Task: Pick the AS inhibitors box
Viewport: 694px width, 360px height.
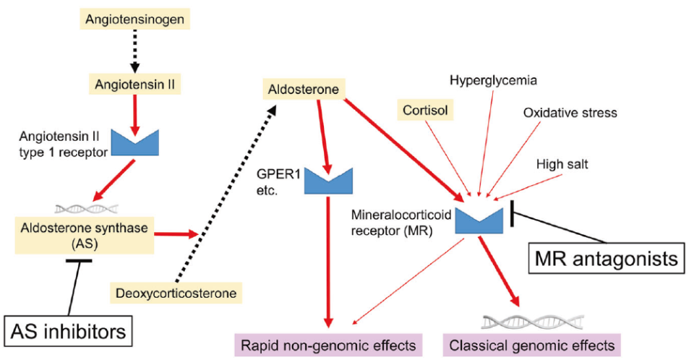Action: click(x=69, y=332)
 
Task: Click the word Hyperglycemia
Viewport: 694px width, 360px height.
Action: click(x=494, y=80)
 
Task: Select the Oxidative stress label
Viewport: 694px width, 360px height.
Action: click(x=570, y=113)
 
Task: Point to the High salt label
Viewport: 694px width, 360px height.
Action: click(x=562, y=164)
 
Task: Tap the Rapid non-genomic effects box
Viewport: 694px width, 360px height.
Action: click(x=329, y=344)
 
